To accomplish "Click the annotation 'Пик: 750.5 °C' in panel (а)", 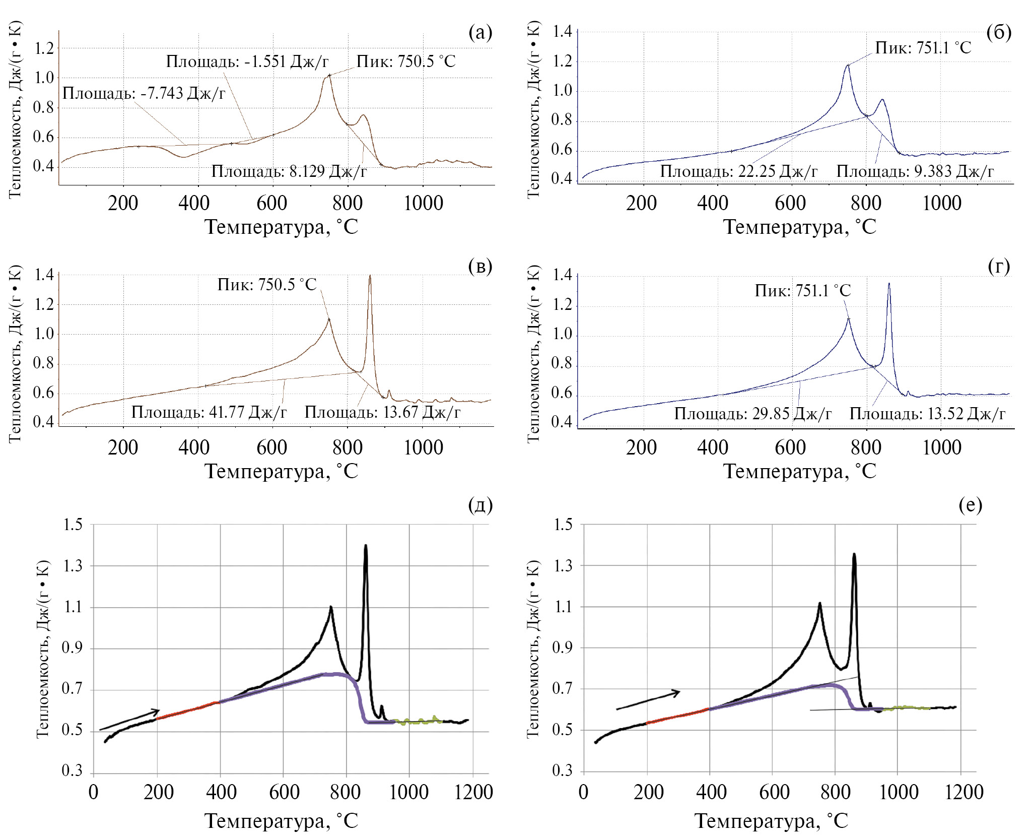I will (x=405, y=61).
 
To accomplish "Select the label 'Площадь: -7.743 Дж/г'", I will (x=144, y=93).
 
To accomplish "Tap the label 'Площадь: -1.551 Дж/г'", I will (x=247, y=61).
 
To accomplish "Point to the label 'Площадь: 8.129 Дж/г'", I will (x=289, y=171).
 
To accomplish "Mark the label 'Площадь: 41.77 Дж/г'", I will (x=209, y=412).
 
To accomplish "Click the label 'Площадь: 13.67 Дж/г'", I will (x=382, y=412).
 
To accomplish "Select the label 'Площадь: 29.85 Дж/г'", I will (x=752, y=414).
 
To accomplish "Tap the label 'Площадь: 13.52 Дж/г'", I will (x=927, y=414).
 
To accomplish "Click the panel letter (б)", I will (x=999, y=32).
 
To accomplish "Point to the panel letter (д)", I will (x=480, y=504).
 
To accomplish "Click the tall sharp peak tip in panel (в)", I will (x=370, y=275).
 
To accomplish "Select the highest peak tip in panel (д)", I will (x=366, y=545).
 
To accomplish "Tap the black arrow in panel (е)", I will (x=648, y=700).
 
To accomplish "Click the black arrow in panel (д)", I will (x=129, y=720).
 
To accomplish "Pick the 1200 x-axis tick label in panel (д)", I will (x=473, y=793).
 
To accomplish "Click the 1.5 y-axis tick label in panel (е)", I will (x=563, y=525).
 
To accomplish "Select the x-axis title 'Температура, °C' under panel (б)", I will (x=799, y=227).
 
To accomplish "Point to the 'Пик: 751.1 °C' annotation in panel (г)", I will (x=802, y=291).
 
